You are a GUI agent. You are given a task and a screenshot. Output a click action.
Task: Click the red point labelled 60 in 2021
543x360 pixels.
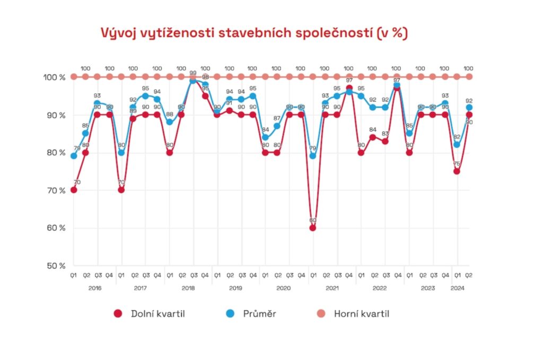tap(313, 228)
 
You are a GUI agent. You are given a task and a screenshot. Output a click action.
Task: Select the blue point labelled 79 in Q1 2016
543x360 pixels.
tap(74, 156)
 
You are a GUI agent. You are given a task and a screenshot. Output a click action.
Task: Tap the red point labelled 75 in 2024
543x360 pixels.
tap(457, 171)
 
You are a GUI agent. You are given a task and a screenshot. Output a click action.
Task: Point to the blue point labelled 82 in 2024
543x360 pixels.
tap(457, 145)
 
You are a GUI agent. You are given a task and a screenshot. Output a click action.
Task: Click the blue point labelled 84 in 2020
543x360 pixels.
tap(265, 137)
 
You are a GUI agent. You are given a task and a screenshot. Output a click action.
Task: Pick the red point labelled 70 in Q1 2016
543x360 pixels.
tap(74, 190)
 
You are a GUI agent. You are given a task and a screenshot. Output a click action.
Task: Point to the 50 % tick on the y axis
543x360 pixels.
tap(55, 266)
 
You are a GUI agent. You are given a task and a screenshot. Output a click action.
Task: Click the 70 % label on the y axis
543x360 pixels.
tap(55, 190)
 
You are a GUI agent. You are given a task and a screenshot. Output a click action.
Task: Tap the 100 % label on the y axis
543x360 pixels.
tap(54, 77)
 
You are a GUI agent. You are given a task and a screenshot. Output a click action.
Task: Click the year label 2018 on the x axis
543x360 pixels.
tap(188, 288)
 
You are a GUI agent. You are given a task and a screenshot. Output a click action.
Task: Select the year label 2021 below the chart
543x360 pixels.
tap(331, 288)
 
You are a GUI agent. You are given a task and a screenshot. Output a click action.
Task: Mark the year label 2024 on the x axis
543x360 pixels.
tap(457, 288)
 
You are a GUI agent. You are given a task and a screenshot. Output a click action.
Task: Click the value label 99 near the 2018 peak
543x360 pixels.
tap(193, 74)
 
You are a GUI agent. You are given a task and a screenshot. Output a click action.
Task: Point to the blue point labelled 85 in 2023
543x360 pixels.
tap(409, 133)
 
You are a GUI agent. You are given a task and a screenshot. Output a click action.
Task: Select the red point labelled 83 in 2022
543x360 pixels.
tap(385, 141)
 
